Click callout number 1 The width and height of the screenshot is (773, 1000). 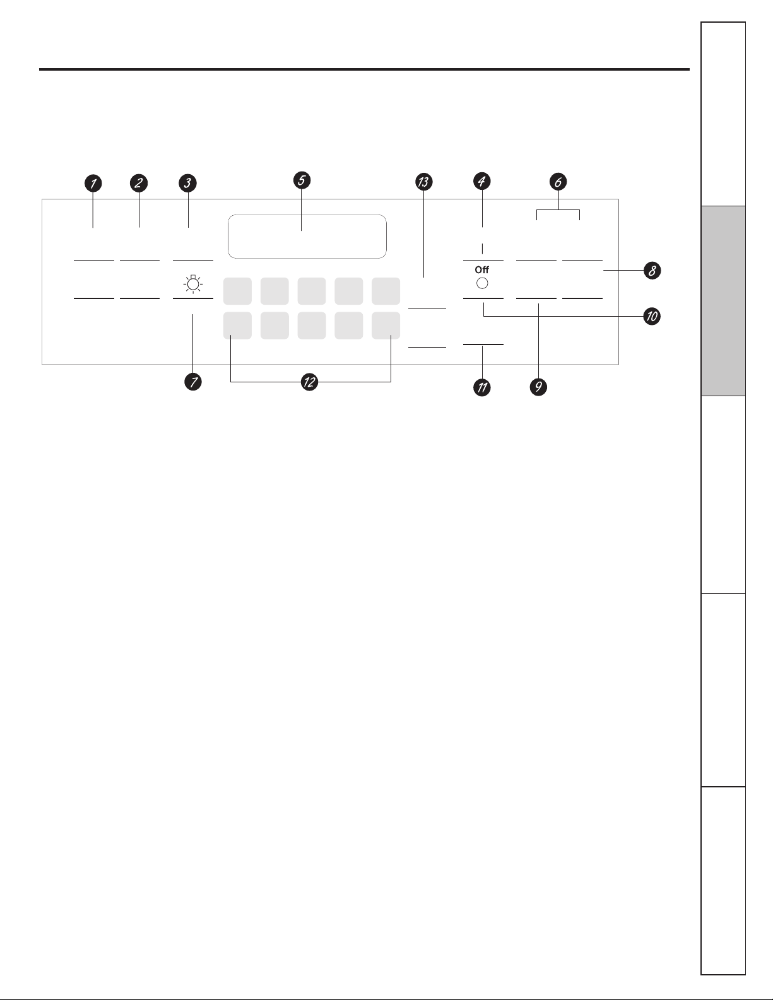(x=93, y=184)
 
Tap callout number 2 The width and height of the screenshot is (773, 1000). (x=139, y=184)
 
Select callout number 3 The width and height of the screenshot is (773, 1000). (x=188, y=184)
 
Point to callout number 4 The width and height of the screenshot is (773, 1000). (x=482, y=182)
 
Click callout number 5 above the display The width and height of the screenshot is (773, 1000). (x=302, y=180)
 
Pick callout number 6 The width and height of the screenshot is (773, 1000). (x=558, y=182)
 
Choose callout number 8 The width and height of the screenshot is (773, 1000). (x=652, y=271)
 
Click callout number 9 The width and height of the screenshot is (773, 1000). (x=538, y=387)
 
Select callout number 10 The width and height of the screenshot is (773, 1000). (x=651, y=315)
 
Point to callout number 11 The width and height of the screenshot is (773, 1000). (x=482, y=387)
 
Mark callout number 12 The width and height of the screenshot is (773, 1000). (x=309, y=382)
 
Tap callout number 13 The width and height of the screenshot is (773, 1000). (x=423, y=182)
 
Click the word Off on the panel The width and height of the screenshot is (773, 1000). (x=482, y=270)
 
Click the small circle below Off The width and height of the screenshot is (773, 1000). (x=482, y=283)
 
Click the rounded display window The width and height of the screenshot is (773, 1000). (x=307, y=237)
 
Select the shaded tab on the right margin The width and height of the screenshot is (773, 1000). (x=723, y=301)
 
